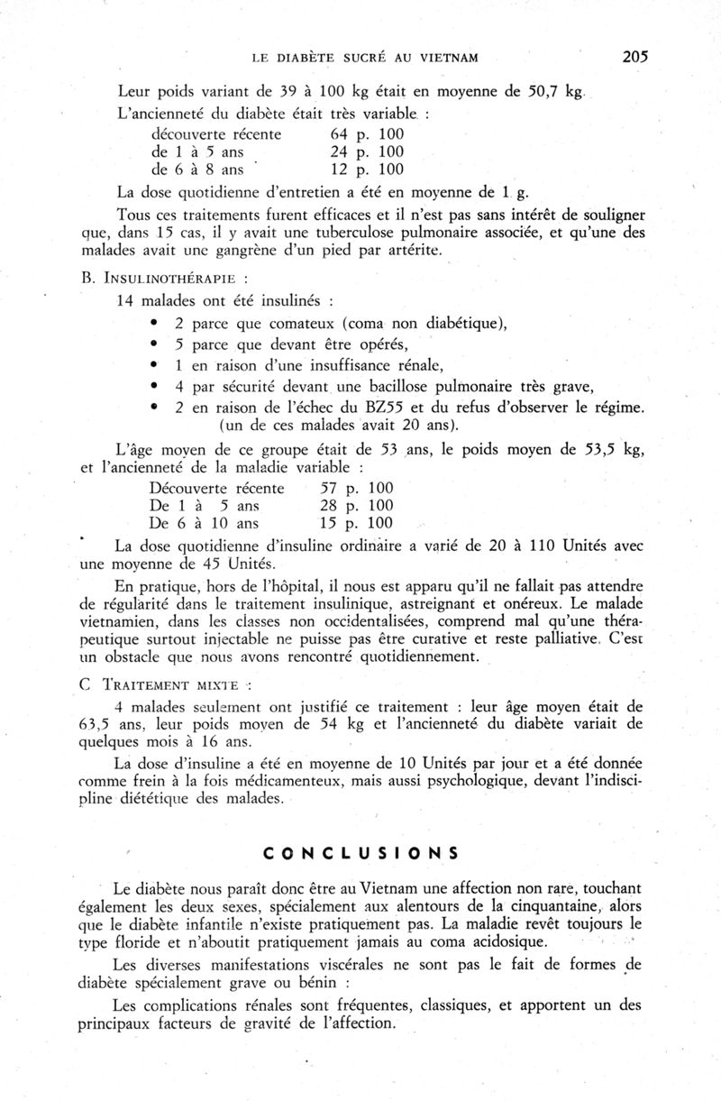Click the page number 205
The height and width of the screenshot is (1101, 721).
(634, 57)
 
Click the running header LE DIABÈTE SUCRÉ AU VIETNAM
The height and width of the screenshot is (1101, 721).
(364, 59)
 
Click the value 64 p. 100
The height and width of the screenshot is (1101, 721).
(368, 134)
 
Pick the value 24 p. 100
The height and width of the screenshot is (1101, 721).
(368, 151)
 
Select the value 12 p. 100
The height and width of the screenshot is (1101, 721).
(368, 169)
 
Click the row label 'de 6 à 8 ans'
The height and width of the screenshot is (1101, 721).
(197, 169)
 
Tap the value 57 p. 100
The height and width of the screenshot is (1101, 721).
(357, 488)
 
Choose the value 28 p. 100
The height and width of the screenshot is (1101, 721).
(357, 506)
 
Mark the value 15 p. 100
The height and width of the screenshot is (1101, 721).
(357, 523)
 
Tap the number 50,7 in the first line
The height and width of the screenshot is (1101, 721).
(528, 91)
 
